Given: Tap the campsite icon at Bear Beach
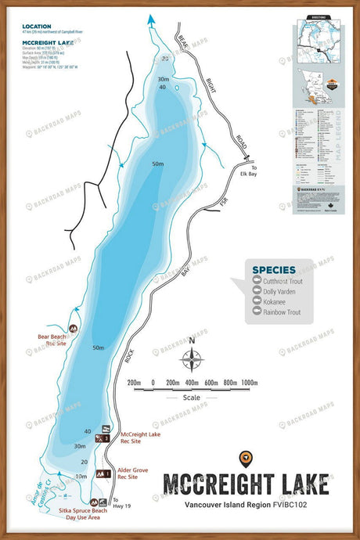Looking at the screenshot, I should [74, 329].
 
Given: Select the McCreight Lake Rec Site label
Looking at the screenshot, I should [141, 437].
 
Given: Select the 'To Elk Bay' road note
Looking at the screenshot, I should [249, 176].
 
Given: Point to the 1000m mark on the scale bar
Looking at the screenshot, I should [249, 383].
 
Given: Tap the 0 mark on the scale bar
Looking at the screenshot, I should [153, 383].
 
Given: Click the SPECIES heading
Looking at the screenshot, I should [273, 270].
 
